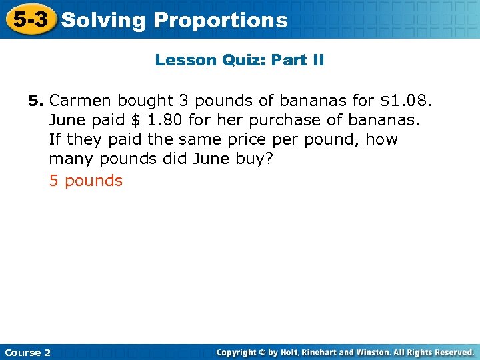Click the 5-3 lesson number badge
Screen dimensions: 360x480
[x=30, y=19]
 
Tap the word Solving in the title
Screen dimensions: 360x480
[x=103, y=21]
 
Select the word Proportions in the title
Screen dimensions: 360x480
[x=221, y=21]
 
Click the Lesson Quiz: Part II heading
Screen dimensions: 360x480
[x=239, y=61]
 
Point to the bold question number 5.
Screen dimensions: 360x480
[x=35, y=101]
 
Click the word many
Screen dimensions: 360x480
[x=71, y=161]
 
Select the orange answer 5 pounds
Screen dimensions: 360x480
[x=86, y=181]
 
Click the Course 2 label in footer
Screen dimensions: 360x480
[x=27, y=352]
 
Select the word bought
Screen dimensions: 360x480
[x=143, y=101]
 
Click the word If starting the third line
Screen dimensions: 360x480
[x=54, y=141]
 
